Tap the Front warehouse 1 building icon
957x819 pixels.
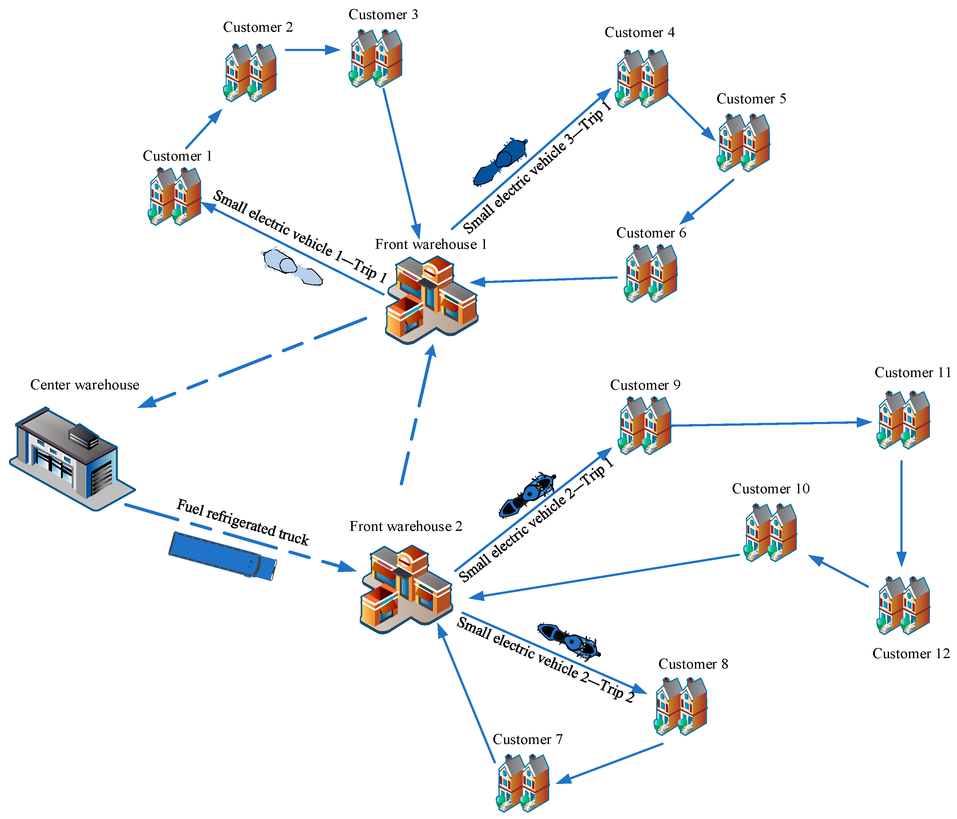click(x=432, y=300)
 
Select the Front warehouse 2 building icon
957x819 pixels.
click(x=407, y=589)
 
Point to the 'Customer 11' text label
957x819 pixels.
click(x=912, y=373)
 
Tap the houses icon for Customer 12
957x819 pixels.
click(x=903, y=605)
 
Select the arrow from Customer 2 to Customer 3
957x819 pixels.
click(x=312, y=50)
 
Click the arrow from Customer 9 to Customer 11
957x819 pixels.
click(x=771, y=423)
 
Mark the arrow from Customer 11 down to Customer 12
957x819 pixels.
click(x=901, y=513)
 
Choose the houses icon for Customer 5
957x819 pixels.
click(x=744, y=143)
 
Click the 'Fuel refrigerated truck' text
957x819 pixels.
click(x=243, y=522)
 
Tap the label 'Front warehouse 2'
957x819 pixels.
click(x=406, y=527)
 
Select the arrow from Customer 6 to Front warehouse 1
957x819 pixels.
click(x=545, y=280)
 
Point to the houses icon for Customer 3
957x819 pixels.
click(x=375, y=58)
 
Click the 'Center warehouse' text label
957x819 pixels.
click(x=85, y=385)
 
